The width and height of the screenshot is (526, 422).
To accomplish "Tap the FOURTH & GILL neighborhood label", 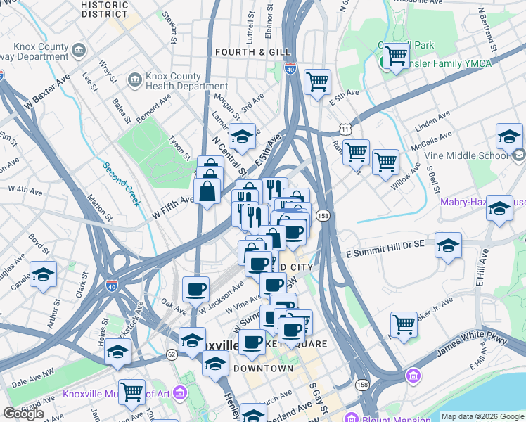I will (x=243, y=52).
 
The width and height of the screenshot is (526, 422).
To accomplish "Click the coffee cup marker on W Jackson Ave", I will (x=195, y=289).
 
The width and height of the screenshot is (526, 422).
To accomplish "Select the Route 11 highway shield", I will (x=344, y=129).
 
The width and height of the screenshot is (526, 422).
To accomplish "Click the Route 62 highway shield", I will (x=171, y=354).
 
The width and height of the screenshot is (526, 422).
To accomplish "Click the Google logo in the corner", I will (x=23, y=414).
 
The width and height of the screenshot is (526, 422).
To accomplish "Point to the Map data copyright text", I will (x=482, y=416).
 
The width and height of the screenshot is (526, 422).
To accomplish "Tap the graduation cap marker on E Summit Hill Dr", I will (x=448, y=245).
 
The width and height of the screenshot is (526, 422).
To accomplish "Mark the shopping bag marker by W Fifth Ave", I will (x=207, y=190).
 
